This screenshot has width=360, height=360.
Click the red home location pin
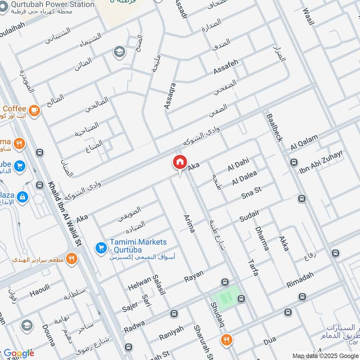point(179,162)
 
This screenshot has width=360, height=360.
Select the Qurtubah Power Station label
point(54,4)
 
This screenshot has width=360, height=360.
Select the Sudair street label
point(250,216)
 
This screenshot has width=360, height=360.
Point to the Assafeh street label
point(225,67)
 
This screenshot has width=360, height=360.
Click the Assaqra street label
point(169,96)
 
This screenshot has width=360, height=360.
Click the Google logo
point(18,353)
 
